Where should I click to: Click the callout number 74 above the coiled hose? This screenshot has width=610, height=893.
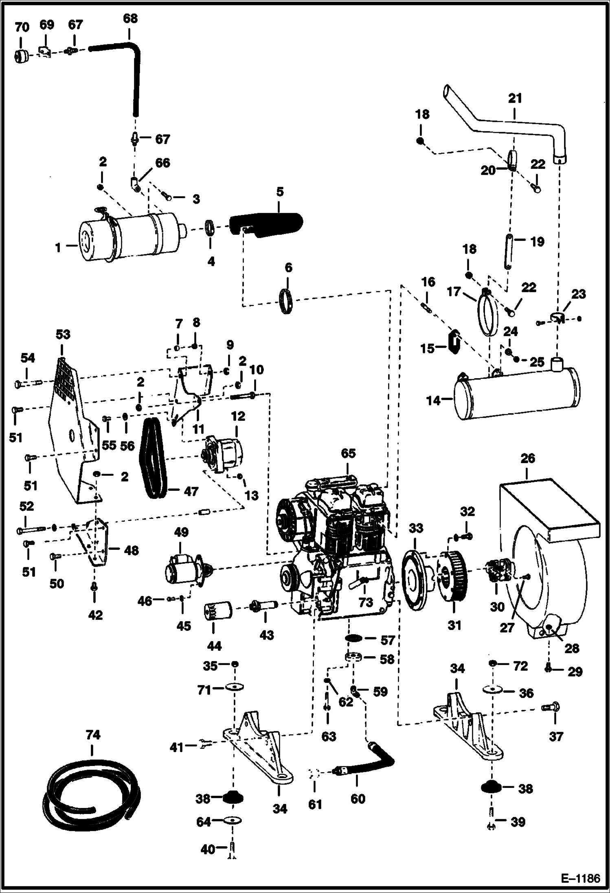click(93, 735)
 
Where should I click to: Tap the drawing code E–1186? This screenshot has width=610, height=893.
click(580, 878)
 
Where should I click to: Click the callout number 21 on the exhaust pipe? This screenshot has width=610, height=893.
click(515, 98)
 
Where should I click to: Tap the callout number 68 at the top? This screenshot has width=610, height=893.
click(130, 19)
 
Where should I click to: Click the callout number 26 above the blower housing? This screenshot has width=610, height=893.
click(527, 459)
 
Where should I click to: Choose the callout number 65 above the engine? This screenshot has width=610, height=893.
click(349, 453)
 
